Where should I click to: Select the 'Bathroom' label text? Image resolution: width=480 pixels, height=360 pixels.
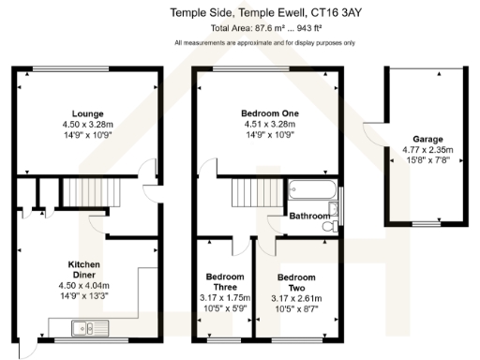(308, 217)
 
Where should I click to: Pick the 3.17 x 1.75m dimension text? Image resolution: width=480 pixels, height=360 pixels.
(225, 299)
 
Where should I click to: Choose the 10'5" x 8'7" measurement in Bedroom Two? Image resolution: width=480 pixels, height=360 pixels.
(295, 310)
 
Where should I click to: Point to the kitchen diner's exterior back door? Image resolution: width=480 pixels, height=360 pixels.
(30, 347)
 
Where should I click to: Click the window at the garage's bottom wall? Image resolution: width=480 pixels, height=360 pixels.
(427, 224)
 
